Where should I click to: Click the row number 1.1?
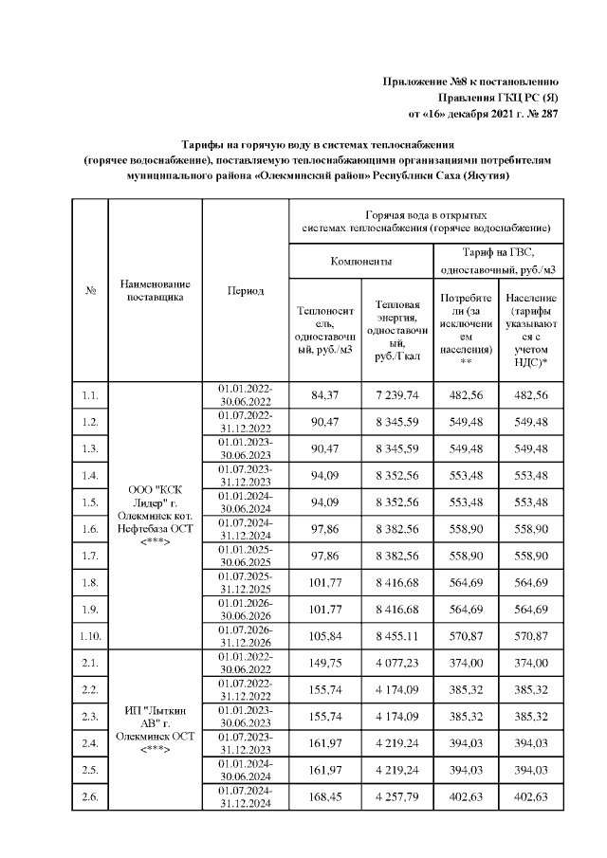[x=90, y=394]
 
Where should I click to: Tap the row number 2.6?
[x=90, y=795]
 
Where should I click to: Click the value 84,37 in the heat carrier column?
[x=325, y=394]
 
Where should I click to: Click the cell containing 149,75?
[x=325, y=665]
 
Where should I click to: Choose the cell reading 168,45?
[x=325, y=795]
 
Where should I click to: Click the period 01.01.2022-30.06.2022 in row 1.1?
[x=245, y=394]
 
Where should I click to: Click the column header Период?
[x=245, y=290]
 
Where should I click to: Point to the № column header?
[x=90, y=290]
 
